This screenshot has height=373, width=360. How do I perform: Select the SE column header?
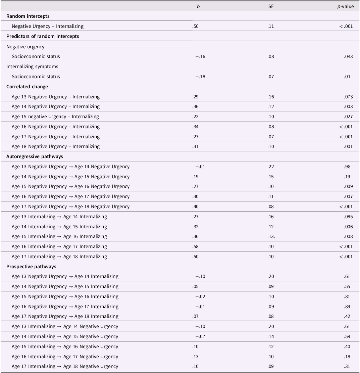point(271,6)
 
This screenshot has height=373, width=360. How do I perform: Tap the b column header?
point(198,6)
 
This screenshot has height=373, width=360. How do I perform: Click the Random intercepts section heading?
point(28,16)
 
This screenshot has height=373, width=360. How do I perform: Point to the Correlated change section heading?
point(27,87)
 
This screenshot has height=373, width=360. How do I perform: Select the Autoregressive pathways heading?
point(35,156)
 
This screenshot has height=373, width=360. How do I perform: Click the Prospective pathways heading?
point(31,267)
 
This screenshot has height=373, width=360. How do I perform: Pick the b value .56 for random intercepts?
point(196,26)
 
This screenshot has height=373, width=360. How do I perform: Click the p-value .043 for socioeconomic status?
point(348,56)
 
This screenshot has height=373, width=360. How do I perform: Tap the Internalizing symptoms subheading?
point(32,66)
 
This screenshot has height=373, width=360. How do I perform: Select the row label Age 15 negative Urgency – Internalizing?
point(55,116)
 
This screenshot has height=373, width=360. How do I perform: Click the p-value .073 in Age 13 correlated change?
point(348,97)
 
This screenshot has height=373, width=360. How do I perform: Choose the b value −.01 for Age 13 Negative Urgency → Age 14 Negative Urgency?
point(200,167)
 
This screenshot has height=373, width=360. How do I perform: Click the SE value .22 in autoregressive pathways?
point(271,167)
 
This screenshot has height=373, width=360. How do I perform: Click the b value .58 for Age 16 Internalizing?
point(196,246)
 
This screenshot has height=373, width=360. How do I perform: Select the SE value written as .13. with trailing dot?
point(271,236)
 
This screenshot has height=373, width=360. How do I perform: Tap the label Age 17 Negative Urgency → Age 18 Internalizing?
point(65,316)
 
